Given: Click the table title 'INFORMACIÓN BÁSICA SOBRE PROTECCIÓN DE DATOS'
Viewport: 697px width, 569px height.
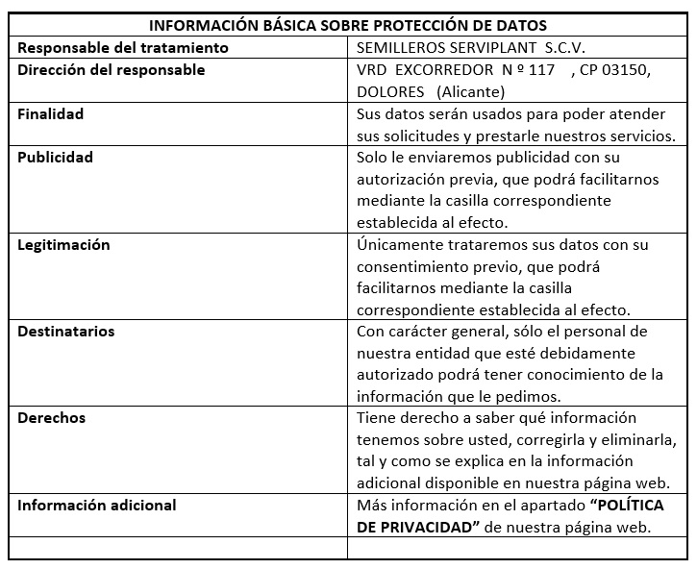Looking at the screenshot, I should tap(348, 26).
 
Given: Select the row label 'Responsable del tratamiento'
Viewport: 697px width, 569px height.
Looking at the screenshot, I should tap(123, 47).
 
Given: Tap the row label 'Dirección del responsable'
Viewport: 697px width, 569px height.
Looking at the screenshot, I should tap(112, 70).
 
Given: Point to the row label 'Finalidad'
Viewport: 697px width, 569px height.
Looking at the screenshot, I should tap(51, 113).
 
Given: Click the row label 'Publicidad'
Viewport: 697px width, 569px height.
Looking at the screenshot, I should tap(55, 157).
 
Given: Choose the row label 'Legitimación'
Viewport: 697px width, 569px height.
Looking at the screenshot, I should tap(63, 244).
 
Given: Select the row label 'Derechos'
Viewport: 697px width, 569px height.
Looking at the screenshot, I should tap(52, 418).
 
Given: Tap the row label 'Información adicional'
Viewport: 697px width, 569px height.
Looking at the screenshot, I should tap(97, 505).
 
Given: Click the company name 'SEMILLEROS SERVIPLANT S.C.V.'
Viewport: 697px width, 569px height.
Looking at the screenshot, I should tap(468, 47).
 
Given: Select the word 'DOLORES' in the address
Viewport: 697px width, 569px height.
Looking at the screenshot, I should tap(390, 92).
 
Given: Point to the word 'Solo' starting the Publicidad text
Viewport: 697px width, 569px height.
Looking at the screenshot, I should tap(373, 158).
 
